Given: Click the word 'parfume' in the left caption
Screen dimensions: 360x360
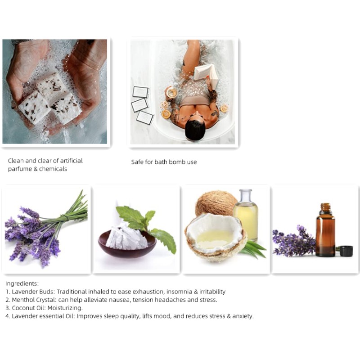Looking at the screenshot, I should point(19,169).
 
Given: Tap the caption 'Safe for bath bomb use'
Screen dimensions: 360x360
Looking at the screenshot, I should point(164,162).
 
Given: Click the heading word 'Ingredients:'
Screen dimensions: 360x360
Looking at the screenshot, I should point(22,283).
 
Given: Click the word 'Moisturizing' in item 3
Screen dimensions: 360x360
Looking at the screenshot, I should point(68,308).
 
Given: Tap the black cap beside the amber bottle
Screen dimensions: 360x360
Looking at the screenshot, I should point(346,251).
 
